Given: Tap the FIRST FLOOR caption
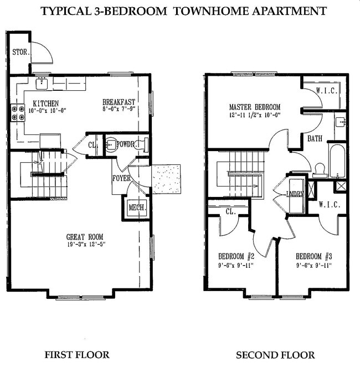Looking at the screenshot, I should [77, 355].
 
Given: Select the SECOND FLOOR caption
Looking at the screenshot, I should [275, 355].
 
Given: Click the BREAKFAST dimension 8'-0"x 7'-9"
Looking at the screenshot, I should [119, 110].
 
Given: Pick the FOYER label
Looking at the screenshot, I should [122, 178].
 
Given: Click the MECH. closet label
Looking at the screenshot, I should [136, 208].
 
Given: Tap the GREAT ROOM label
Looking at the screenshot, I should [85, 236].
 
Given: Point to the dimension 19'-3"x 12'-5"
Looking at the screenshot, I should [85, 244].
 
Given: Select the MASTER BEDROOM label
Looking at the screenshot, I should [255, 107].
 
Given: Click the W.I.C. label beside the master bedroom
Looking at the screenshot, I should [326, 91].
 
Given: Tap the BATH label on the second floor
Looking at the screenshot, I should [315, 139].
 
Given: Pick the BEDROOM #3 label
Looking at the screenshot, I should [314, 256].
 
